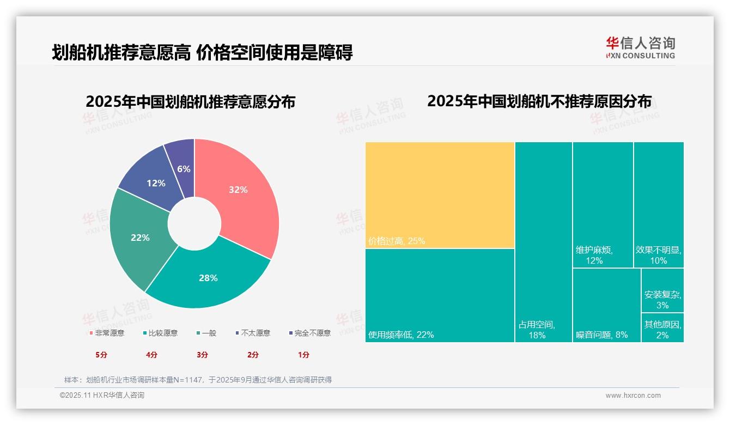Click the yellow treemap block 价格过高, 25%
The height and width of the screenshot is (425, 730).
440,195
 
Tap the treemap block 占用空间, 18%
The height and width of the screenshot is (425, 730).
543,242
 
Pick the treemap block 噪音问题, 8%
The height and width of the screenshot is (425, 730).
606,305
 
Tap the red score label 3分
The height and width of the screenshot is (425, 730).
202,355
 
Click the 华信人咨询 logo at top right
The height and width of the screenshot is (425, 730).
640,47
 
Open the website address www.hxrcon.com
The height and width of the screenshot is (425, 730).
633,396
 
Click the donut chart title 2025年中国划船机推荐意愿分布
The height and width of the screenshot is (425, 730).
190,102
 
